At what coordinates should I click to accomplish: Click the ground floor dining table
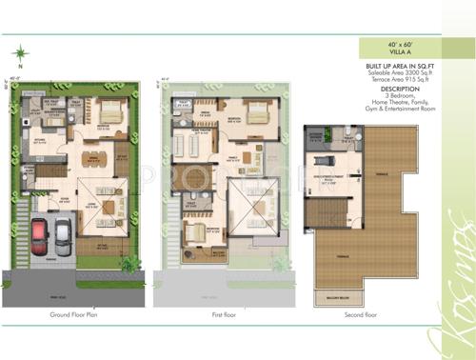[x=89, y=156]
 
